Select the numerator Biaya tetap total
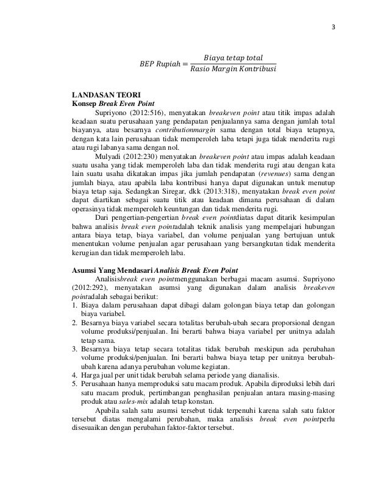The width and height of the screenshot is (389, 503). click(234, 58)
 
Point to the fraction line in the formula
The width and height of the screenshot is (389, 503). click(233, 65)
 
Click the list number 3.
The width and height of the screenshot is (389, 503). click(74, 349)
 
